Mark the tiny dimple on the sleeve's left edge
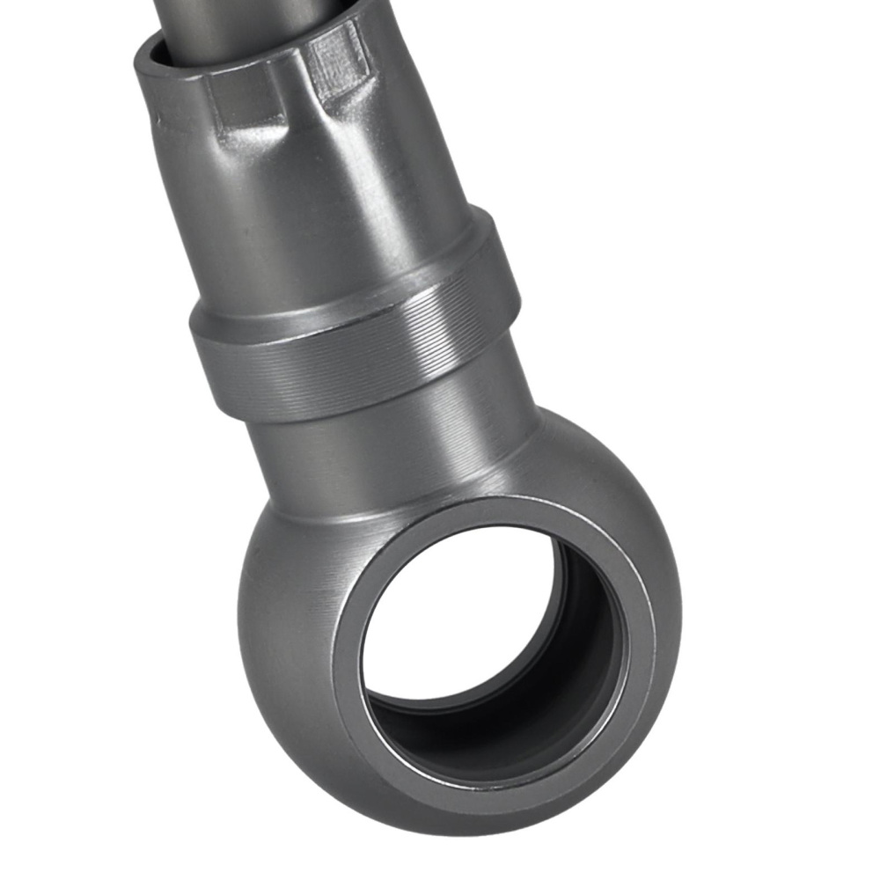(x=158, y=117)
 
